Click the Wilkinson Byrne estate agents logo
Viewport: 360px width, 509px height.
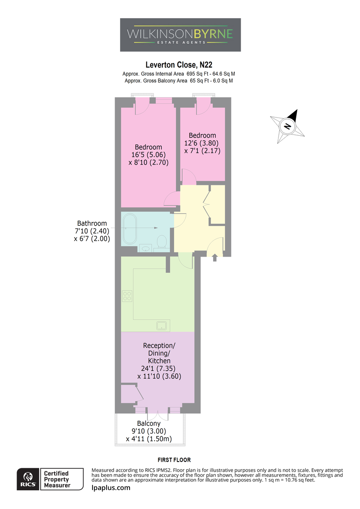(180, 35)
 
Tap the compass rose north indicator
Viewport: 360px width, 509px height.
(287, 126)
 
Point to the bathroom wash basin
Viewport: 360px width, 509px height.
(146, 248)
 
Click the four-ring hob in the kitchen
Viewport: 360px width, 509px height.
(127, 296)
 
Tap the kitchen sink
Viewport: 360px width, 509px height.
(161, 326)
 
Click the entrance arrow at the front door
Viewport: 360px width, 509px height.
(215, 258)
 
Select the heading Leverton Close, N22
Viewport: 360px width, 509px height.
(179, 65)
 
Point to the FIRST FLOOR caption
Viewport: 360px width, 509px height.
(174, 460)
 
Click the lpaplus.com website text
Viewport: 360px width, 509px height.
(111, 488)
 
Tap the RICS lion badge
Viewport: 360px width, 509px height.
(28, 479)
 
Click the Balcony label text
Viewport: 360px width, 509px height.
(149, 424)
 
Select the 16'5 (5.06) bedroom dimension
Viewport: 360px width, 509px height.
(149, 155)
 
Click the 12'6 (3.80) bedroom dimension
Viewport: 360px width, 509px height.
(202, 143)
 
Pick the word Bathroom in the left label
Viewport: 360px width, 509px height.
(92, 224)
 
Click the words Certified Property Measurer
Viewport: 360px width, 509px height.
(56, 479)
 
